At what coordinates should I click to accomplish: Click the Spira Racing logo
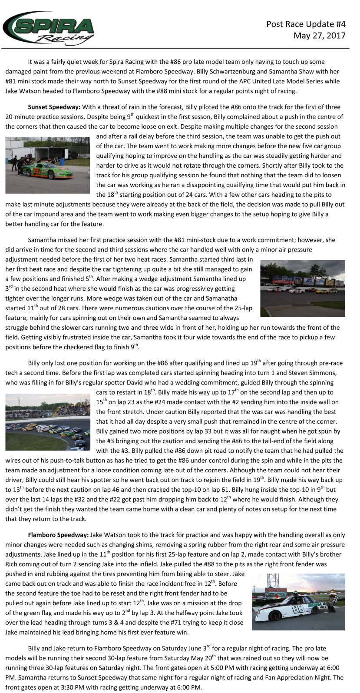coord(49,28)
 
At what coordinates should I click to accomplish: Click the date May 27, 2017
coord(319,36)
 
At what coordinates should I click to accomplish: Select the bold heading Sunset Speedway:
coord(54,107)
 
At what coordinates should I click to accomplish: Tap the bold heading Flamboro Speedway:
coord(58,535)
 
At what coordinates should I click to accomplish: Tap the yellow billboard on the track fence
coord(330,282)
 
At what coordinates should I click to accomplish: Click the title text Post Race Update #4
coord(306,24)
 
